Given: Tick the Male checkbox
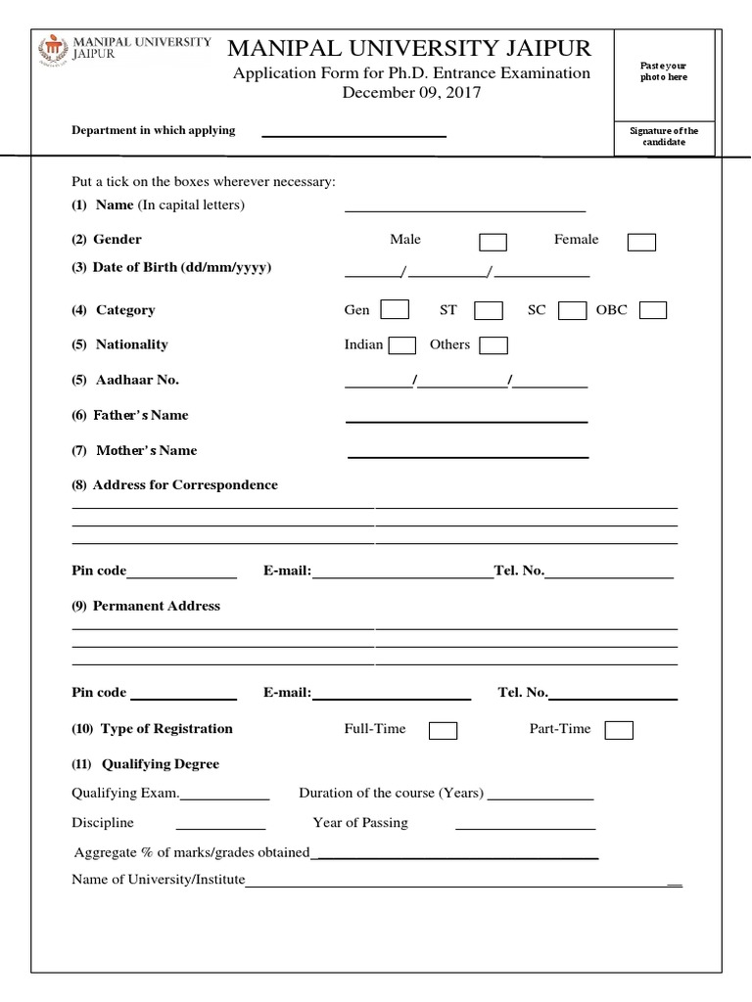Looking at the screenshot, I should (x=493, y=242).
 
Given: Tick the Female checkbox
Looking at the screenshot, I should (x=641, y=242).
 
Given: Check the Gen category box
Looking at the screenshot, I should (x=395, y=310).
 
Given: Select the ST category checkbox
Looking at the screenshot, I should (x=489, y=310).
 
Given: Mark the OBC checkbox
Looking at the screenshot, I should (x=653, y=310).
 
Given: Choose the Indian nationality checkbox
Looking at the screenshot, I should (x=402, y=345).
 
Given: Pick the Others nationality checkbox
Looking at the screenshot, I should (x=493, y=345).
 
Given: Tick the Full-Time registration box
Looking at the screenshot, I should (x=443, y=730).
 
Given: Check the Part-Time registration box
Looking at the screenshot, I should (x=619, y=730).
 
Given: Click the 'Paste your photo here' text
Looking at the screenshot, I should (x=664, y=71).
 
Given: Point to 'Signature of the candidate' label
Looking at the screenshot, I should (x=664, y=136).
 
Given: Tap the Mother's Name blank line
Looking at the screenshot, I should (x=468, y=456).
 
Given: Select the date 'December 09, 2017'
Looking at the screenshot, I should (x=411, y=93).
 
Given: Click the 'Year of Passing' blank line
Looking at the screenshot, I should (x=525, y=828).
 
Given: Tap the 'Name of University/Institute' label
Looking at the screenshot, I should (x=158, y=880).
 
